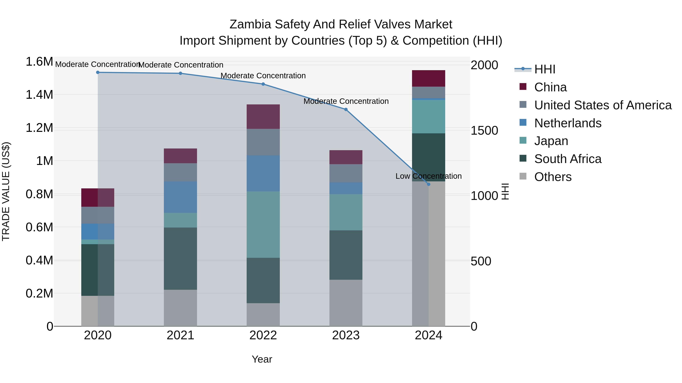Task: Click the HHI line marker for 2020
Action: point(98,72)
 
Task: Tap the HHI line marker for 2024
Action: point(429,184)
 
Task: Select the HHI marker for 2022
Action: point(263,84)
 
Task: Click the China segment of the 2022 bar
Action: point(263,117)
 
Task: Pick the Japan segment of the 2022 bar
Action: point(263,224)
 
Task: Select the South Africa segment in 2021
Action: point(180,259)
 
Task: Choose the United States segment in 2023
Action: point(346,173)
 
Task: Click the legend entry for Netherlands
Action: point(568,123)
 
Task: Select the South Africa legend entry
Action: point(568,159)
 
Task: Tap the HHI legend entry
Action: point(545,69)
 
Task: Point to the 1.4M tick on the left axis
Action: point(39,95)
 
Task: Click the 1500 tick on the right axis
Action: point(484,130)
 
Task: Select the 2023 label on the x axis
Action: point(346,335)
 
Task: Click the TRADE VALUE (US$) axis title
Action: point(6,191)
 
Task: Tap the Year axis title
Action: point(262,359)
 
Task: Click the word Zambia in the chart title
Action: point(250,24)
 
